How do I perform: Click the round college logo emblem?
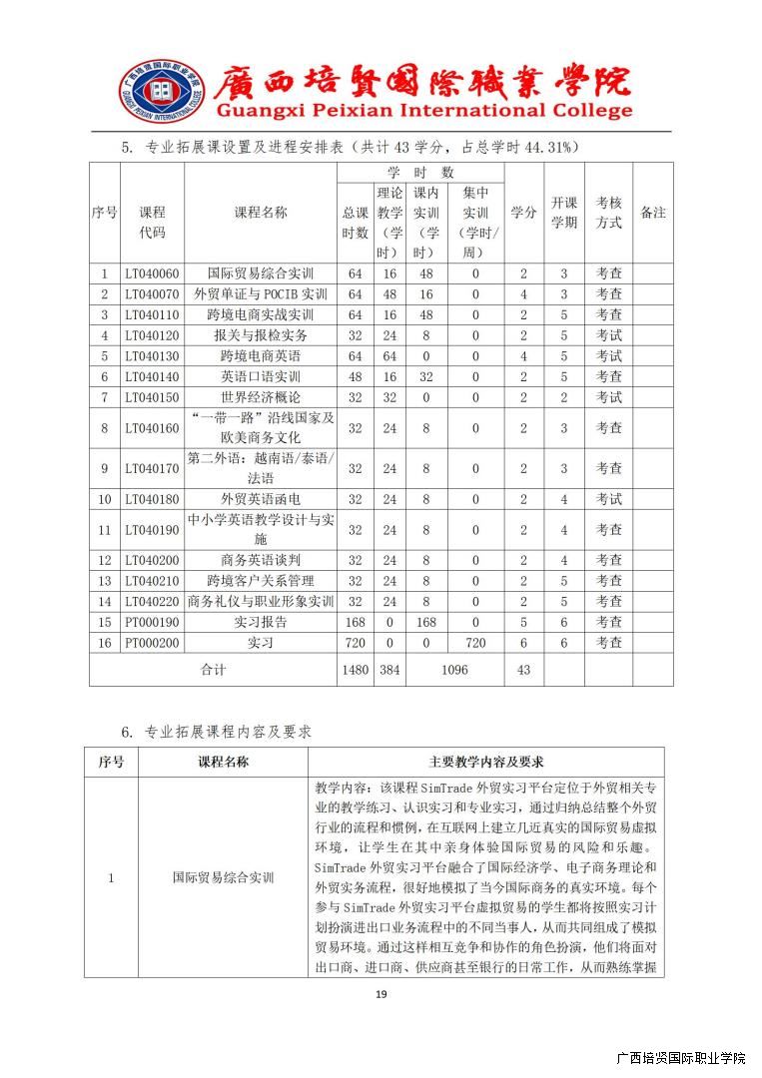[x=160, y=93]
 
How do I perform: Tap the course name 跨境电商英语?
[x=260, y=356]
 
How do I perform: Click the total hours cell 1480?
[x=355, y=670]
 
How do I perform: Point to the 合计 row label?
[x=214, y=670]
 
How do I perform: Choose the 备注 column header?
[x=652, y=213]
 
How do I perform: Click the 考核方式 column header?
[x=609, y=213]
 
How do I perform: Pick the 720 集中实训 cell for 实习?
[x=475, y=643]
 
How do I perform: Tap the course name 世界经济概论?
[x=260, y=398]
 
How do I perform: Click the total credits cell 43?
[x=523, y=670]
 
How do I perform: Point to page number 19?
[x=381, y=993]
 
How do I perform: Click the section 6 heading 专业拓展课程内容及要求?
[x=229, y=732]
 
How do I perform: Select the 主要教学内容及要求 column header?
[x=486, y=763]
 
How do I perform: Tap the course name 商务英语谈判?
[x=260, y=560]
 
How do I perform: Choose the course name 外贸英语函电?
[x=260, y=499]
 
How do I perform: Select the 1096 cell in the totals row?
[x=452, y=670]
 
